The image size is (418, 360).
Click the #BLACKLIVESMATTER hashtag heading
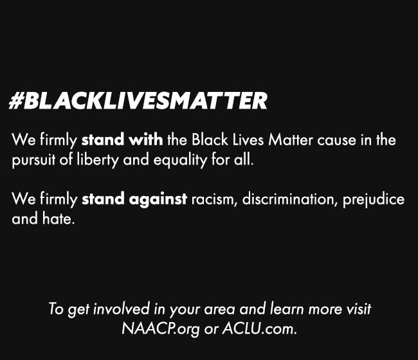[x=138, y=100]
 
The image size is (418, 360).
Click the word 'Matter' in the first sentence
[x=290, y=139]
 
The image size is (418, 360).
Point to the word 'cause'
[x=336, y=140]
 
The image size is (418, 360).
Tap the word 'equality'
[x=180, y=160]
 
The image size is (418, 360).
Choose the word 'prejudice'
[x=374, y=200]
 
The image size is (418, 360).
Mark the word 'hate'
[x=59, y=219]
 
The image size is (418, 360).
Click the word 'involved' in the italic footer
[x=122, y=309]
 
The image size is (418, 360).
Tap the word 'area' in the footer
[x=220, y=310]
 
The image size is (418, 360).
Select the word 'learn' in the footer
[x=287, y=309]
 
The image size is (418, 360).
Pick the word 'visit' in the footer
[x=359, y=309]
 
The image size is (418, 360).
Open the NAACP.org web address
[x=161, y=329]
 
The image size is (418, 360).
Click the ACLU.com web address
[x=260, y=328]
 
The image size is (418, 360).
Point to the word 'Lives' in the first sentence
[x=248, y=139]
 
